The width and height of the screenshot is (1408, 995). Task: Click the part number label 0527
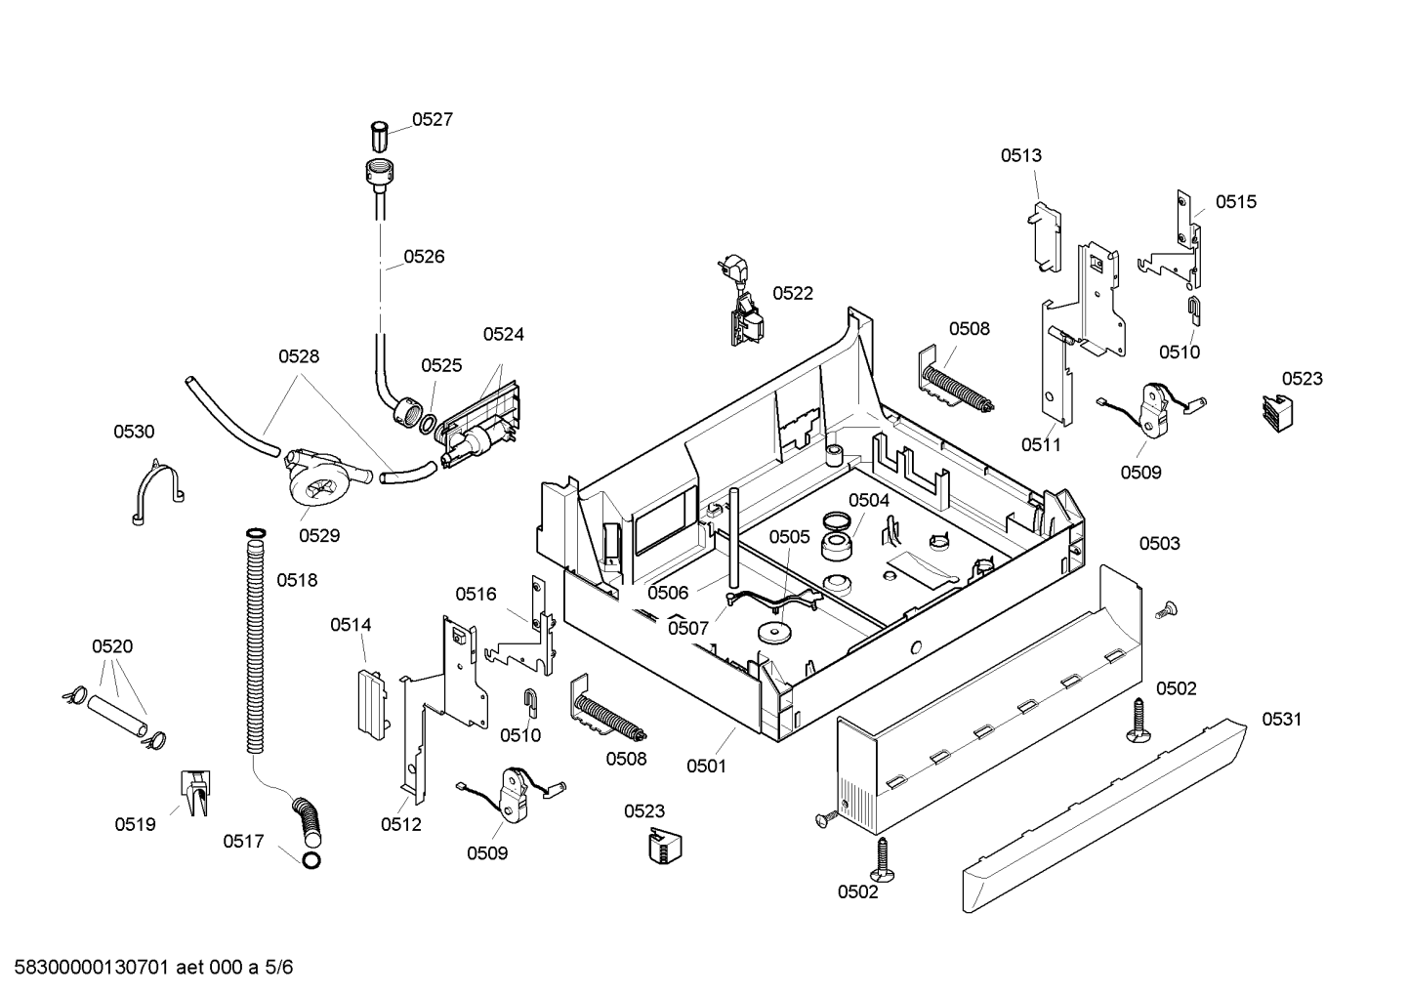coord(433,119)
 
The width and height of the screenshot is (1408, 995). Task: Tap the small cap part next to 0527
coord(379,137)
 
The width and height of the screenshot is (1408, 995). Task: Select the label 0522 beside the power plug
coord(793,294)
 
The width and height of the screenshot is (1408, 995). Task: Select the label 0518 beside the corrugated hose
coord(297,580)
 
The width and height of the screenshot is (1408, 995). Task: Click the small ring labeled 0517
coord(311,860)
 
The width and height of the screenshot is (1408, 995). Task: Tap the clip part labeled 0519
coord(196,793)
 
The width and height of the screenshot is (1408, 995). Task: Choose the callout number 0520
coord(112,646)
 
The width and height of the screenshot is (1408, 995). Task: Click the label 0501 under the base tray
coord(706,767)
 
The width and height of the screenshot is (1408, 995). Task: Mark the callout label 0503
coord(1160,543)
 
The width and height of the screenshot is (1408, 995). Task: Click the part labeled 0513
coord(1046,237)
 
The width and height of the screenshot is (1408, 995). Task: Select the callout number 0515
coord(1236,202)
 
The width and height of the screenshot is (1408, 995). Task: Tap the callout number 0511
coord(1041,445)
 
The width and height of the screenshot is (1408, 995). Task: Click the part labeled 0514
coord(373,704)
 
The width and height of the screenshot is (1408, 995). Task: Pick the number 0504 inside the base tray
coord(869,500)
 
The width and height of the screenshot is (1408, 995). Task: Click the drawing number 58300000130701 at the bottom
coord(91,968)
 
